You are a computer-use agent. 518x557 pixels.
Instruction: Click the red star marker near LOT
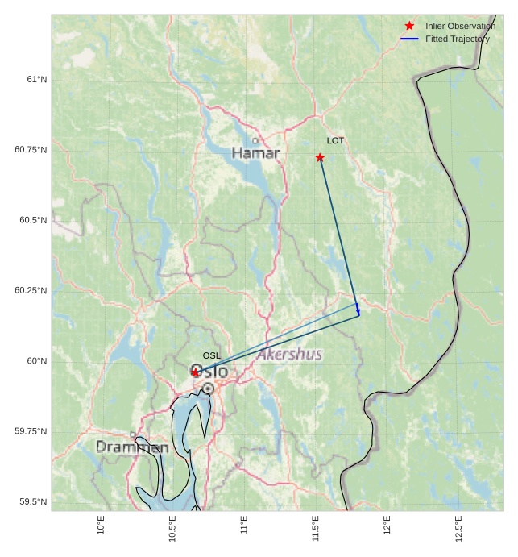tap(320, 157)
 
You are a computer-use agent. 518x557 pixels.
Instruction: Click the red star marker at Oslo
tap(196, 372)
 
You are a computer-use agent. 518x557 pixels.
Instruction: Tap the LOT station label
tap(335, 141)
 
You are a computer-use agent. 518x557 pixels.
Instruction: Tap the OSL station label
tap(211, 355)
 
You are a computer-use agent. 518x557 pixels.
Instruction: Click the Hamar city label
tap(255, 153)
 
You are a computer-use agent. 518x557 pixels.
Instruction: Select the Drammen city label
tap(132, 447)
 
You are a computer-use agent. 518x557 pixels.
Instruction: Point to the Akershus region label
tap(290, 355)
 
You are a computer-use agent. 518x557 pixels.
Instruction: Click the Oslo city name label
tap(211, 372)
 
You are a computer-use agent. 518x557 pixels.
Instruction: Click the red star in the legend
tap(409, 27)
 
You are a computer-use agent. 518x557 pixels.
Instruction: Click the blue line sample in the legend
tap(409, 39)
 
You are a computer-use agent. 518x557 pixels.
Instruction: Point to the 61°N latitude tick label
tap(36, 79)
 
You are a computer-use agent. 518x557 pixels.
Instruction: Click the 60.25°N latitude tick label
tap(31, 290)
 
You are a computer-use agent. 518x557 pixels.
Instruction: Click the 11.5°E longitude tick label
tap(316, 528)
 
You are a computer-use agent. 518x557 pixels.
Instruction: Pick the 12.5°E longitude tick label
tap(458, 528)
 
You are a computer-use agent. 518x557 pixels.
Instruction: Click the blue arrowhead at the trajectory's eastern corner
tap(358, 310)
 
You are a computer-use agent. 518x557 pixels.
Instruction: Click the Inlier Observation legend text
tap(460, 27)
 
